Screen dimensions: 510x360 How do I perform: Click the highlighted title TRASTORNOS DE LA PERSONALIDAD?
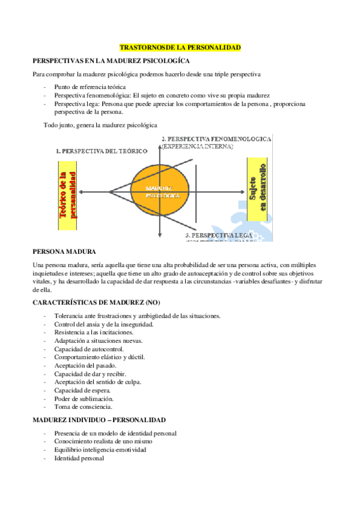pyautogui.click(x=180, y=46)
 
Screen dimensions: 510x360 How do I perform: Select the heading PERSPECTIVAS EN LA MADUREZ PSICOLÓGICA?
pyautogui.click(x=111, y=61)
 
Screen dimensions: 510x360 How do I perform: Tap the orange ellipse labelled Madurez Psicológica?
pyautogui.click(x=159, y=192)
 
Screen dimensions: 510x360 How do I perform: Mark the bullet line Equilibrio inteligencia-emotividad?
pyautogui.click(x=100, y=449)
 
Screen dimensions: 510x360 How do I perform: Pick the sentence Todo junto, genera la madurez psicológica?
pyautogui.click(x=100, y=125)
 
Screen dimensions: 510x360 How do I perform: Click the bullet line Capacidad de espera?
pyautogui.click(x=82, y=390)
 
